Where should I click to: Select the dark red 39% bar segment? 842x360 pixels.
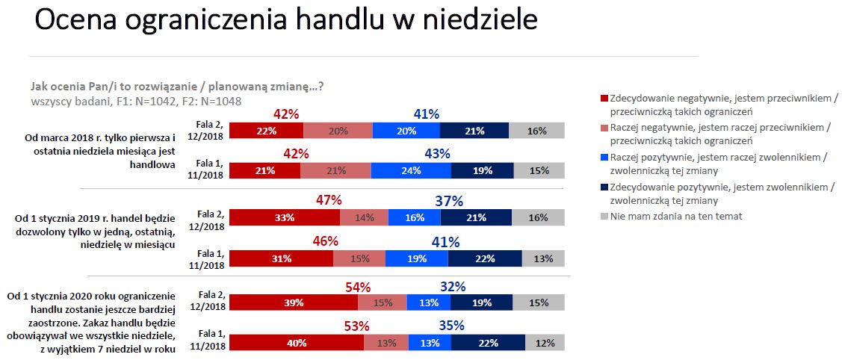(293, 302)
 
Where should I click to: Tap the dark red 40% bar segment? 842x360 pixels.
(296, 342)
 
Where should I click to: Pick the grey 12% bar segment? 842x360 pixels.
(545, 342)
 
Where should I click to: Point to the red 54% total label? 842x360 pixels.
(358, 286)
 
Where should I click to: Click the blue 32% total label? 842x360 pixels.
(453, 286)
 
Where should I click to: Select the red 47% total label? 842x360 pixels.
(329, 200)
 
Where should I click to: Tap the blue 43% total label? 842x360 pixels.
(437, 154)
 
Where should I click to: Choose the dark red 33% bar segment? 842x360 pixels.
(284, 217)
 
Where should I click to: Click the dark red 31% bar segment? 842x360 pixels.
(280, 258)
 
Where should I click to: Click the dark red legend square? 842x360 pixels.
(604, 99)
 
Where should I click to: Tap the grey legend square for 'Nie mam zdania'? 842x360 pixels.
(604, 217)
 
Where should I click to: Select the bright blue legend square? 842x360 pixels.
(604, 158)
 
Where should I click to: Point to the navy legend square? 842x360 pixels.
(604, 187)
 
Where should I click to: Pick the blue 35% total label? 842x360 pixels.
(451, 326)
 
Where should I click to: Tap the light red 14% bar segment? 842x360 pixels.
(364, 217)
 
